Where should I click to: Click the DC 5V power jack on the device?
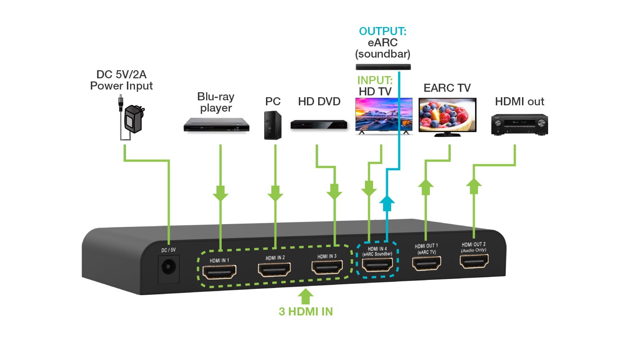coord(169,268)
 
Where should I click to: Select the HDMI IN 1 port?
coord(219,272)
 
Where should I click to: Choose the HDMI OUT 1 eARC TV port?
coord(427,263)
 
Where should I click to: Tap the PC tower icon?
coord(273,126)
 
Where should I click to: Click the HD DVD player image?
coord(319,124)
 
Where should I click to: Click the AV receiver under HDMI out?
coord(519,125)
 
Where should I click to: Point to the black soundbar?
coord(383,67)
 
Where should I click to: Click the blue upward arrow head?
coord(386,204)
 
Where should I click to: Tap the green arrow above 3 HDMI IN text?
coord(306,297)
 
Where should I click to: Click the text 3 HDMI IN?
coord(306,311)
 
